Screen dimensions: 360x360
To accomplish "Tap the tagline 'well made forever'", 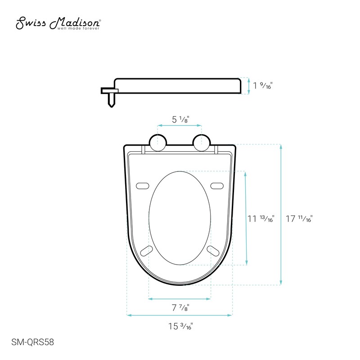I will tap(78, 28).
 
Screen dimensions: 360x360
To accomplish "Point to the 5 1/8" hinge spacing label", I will tap(180, 120).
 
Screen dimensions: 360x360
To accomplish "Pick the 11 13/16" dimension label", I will tap(261, 219).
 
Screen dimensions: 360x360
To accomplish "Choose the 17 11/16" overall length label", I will tap(299, 219).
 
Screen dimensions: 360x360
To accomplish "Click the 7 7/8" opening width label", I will tap(180, 308).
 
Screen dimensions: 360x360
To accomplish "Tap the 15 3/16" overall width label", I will tap(180, 327).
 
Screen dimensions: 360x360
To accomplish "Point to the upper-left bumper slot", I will tap(143, 185).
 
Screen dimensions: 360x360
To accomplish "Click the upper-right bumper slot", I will tap(217, 185).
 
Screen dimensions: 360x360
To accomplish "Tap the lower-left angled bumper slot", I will tap(147, 250).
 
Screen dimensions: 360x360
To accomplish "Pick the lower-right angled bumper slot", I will tap(213, 250).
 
